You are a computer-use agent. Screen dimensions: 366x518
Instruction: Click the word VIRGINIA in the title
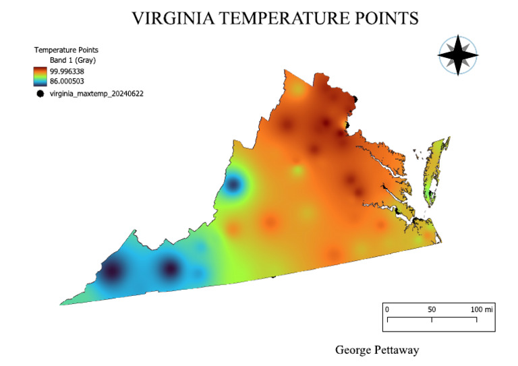coord(173,18)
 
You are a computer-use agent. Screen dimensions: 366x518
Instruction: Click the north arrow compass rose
coord(457,55)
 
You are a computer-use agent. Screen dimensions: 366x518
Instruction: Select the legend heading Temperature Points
coord(66,50)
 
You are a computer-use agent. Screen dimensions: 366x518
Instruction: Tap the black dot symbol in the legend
coord(40,94)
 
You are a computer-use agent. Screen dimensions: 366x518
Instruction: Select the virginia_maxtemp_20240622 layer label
coord(96,94)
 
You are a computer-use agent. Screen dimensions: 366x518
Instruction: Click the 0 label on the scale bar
coord(387,309)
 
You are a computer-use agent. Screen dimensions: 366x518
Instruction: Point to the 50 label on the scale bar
coord(432,309)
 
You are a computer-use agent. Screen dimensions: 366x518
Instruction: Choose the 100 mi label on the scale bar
coord(482,309)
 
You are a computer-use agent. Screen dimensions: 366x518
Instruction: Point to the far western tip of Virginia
coord(63,303)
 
